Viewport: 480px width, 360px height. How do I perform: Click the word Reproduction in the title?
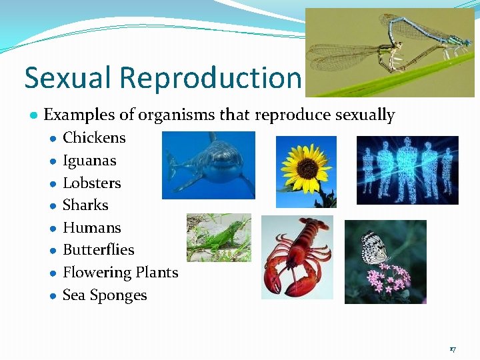(x=211, y=79)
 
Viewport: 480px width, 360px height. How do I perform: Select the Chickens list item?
(x=94, y=138)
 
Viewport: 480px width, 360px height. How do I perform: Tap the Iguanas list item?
(x=89, y=161)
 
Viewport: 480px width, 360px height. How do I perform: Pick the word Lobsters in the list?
(x=92, y=183)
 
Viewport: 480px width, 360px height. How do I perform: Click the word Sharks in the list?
(x=85, y=205)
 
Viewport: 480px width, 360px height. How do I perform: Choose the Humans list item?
(x=92, y=228)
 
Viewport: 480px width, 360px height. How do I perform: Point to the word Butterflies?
(x=99, y=250)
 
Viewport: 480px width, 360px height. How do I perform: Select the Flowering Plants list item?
(x=121, y=273)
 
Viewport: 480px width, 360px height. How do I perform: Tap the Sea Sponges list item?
(x=105, y=295)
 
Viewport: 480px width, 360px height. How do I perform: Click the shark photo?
(x=209, y=165)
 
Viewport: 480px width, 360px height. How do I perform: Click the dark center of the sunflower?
(x=306, y=167)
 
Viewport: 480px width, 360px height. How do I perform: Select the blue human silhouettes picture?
(x=407, y=170)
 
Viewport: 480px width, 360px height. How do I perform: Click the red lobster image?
(x=297, y=257)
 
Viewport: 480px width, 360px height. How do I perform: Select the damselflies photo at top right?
(x=389, y=52)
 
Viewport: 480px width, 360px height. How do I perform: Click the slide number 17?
(x=453, y=349)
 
